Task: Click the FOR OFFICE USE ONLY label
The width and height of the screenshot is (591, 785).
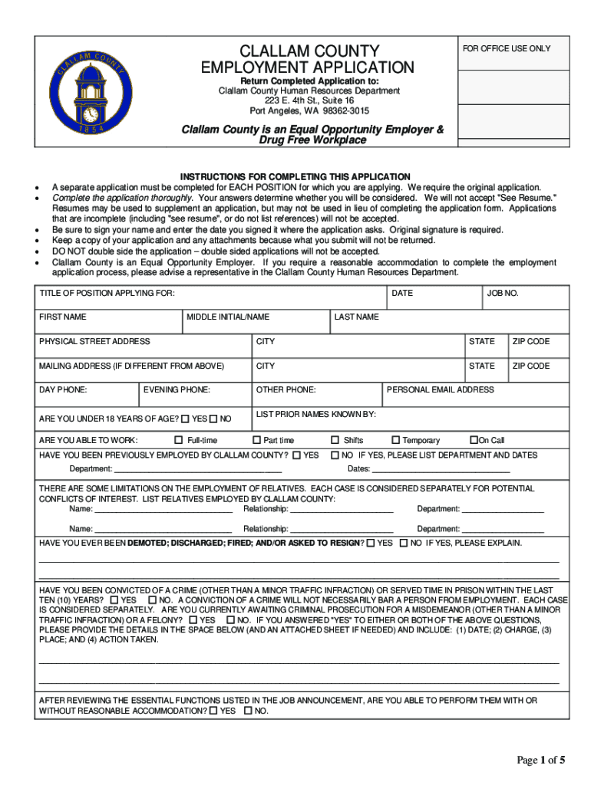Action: coord(506,48)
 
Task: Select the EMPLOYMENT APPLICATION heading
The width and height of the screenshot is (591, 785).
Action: coord(308,67)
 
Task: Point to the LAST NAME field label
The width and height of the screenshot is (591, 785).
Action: coord(357,317)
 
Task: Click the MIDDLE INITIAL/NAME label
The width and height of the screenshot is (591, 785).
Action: coord(228,317)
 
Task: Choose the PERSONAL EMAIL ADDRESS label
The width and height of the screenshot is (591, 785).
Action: coord(441,389)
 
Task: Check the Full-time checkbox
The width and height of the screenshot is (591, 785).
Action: coord(179,440)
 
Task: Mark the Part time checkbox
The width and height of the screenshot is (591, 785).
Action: coord(257,440)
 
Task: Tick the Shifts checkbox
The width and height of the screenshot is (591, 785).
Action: coord(335,440)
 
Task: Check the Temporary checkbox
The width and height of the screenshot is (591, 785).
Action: coord(396,440)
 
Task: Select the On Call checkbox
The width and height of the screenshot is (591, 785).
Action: coord(474,440)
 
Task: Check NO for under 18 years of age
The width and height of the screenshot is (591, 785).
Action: coord(213,419)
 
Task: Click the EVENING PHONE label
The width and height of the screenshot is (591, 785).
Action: coord(177,389)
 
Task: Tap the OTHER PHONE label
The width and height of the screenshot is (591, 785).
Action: coord(286,389)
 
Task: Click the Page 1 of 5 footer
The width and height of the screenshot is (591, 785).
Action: coord(542,760)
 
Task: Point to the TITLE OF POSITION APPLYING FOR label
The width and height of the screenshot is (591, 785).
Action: coord(107,294)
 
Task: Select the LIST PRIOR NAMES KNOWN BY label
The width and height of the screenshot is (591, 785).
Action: coord(315,415)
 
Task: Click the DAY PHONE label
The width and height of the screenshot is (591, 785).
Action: coord(63,389)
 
